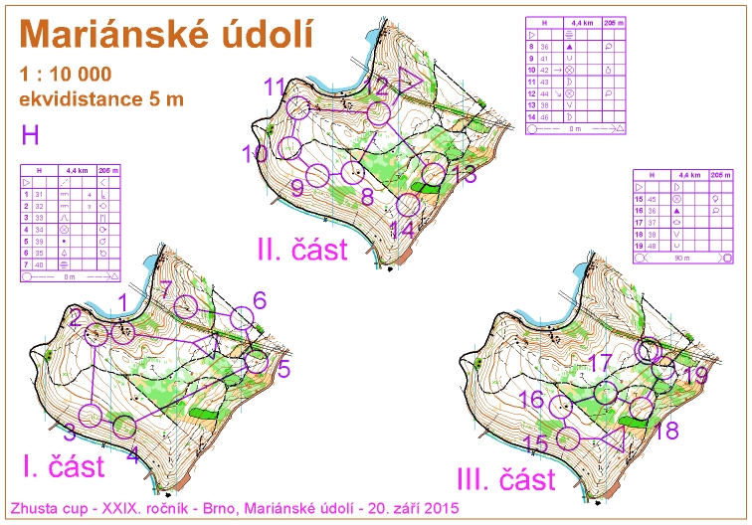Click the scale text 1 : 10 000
66,76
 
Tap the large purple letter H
31,134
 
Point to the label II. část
301,249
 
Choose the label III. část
505,479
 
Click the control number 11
275,87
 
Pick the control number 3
70,433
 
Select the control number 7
166,289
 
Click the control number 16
532,400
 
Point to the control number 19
697,375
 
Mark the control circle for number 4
124,427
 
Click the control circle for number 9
317,176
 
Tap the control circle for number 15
568,437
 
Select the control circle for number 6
243,318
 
